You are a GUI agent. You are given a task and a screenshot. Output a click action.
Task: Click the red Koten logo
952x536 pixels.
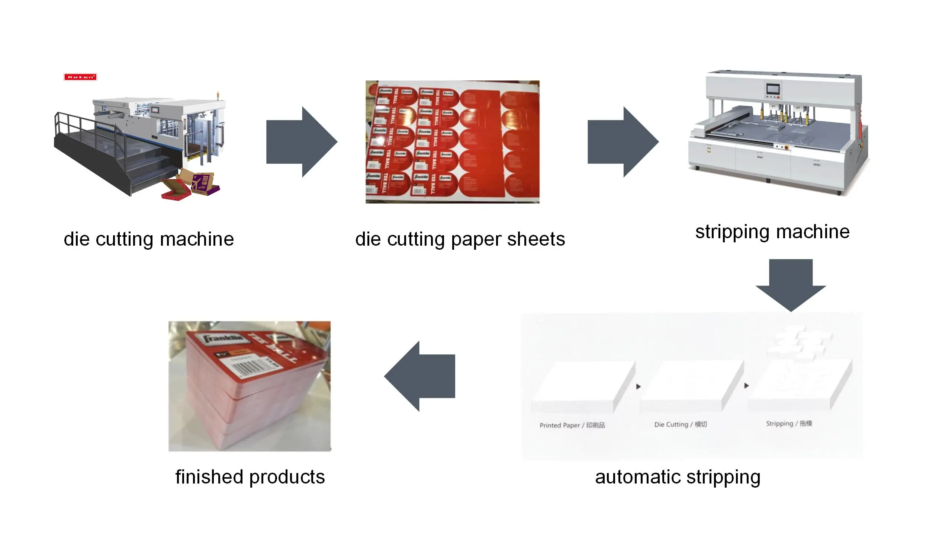[x=80, y=77]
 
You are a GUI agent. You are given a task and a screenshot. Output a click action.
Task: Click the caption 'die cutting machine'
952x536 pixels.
[x=149, y=239]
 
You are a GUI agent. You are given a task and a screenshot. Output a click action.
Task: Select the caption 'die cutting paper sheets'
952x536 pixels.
[x=460, y=239]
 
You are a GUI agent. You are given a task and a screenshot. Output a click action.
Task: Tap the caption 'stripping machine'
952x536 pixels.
[x=772, y=232]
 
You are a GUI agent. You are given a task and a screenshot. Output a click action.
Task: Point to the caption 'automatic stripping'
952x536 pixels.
[x=678, y=477]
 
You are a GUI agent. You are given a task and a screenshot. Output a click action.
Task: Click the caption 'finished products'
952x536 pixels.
[x=250, y=477]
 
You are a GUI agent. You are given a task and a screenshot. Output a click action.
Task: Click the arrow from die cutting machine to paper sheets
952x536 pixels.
[x=301, y=142]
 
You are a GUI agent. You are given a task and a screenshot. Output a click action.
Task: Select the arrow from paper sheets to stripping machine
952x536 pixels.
[x=623, y=142]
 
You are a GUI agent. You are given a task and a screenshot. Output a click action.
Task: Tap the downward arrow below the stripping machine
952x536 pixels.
[x=791, y=285]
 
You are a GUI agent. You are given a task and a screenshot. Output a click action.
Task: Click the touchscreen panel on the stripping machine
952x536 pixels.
[x=773, y=89]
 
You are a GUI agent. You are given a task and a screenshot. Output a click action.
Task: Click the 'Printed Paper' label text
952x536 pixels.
[x=572, y=425]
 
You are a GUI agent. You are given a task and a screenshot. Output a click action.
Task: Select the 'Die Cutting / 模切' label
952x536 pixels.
[x=681, y=424]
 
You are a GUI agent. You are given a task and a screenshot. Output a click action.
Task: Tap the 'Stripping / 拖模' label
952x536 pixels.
[x=789, y=424]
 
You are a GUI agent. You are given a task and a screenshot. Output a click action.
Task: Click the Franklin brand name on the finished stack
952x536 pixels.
[x=223, y=339]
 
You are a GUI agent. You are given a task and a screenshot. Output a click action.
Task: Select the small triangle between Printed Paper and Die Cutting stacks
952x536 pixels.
[x=639, y=386]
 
